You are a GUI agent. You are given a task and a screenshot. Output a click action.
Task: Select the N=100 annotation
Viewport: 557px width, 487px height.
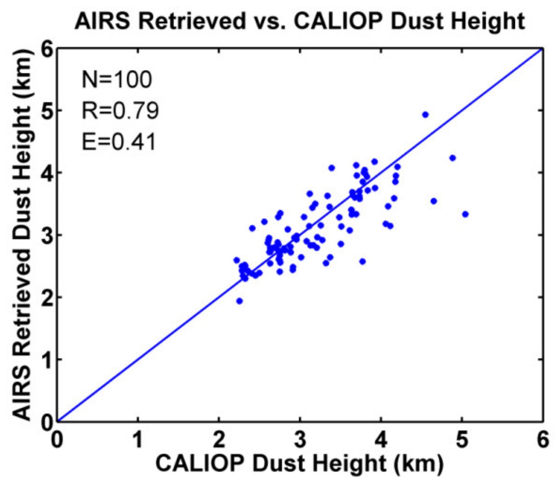point(116,79)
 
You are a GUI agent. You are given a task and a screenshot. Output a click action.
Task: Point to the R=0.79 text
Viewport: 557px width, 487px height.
point(120,111)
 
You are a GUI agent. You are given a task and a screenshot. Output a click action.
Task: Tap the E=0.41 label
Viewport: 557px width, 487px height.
point(119,142)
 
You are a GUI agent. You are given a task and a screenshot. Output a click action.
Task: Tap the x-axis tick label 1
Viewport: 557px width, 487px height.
point(138,440)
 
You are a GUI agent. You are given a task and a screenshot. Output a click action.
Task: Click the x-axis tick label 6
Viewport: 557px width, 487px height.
point(542,440)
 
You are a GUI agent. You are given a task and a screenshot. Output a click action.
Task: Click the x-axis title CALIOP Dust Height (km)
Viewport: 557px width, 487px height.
point(299,463)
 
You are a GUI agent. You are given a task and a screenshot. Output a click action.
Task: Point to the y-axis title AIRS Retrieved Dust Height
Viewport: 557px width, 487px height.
point(22,235)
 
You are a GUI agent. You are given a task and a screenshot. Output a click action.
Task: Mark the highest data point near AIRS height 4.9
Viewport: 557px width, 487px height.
point(425,115)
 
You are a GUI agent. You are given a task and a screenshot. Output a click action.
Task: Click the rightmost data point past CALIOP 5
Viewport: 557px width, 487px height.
point(465,214)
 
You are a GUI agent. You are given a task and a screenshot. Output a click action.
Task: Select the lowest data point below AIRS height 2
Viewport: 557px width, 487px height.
point(239,301)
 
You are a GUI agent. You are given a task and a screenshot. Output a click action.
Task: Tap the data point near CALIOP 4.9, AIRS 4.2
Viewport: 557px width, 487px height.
point(452,158)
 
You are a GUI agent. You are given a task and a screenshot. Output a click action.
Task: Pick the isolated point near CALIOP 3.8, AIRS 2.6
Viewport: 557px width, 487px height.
point(362,261)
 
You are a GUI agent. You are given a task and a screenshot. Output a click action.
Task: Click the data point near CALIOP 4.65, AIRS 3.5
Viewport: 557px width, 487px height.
point(434,201)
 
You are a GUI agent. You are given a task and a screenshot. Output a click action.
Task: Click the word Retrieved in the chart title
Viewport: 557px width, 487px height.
point(192,21)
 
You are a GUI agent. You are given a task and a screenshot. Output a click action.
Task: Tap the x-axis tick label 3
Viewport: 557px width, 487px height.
point(300,440)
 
